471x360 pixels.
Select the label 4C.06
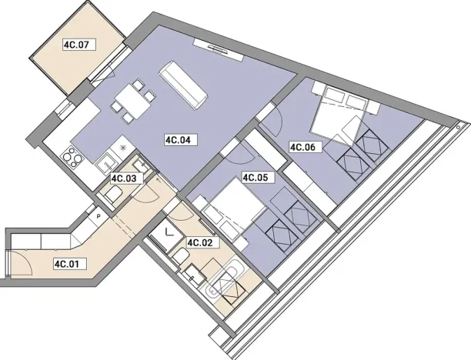point(302,147)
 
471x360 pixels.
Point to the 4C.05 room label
point(255,178)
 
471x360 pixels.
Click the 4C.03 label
point(124,178)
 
